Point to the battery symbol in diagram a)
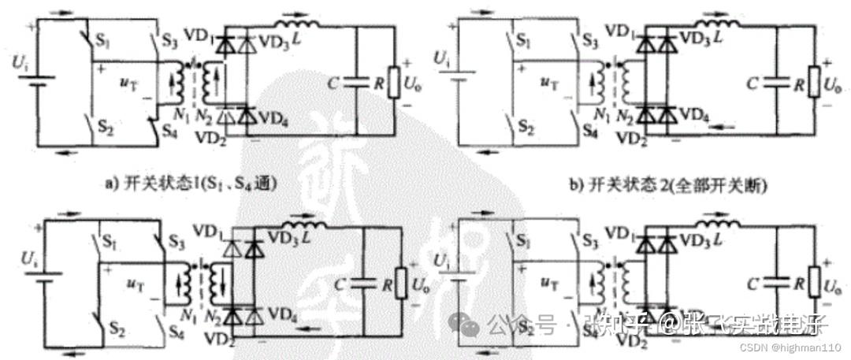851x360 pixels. click(35, 80)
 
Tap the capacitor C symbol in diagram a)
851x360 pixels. click(356, 80)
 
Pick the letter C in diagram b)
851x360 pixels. click(753, 83)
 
